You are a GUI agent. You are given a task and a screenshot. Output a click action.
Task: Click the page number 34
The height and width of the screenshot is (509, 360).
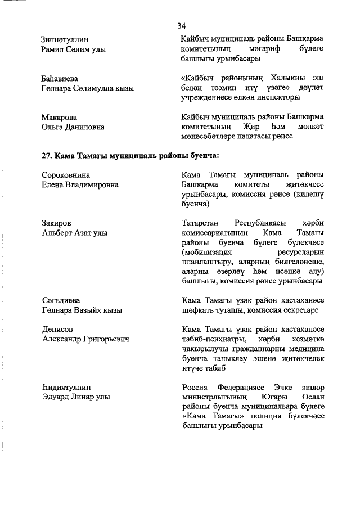point(181,26)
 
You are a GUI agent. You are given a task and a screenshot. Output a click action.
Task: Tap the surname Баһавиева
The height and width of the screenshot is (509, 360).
point(60,78)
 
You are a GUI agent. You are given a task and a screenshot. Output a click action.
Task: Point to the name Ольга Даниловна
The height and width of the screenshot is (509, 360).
point(73,127)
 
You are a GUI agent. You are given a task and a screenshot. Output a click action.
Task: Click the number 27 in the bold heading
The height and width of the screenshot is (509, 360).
point(47,155)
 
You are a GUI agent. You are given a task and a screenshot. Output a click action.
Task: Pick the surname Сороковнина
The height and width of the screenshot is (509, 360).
point(66,175)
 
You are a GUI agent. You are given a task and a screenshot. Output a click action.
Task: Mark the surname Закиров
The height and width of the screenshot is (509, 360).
point(57,223)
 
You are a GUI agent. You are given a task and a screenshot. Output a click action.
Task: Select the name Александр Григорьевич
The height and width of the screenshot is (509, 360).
point(85,339)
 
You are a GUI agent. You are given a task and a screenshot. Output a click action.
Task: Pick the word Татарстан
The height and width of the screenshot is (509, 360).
point(202,223)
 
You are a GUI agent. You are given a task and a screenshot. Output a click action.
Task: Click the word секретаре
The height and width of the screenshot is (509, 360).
point(299,310)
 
